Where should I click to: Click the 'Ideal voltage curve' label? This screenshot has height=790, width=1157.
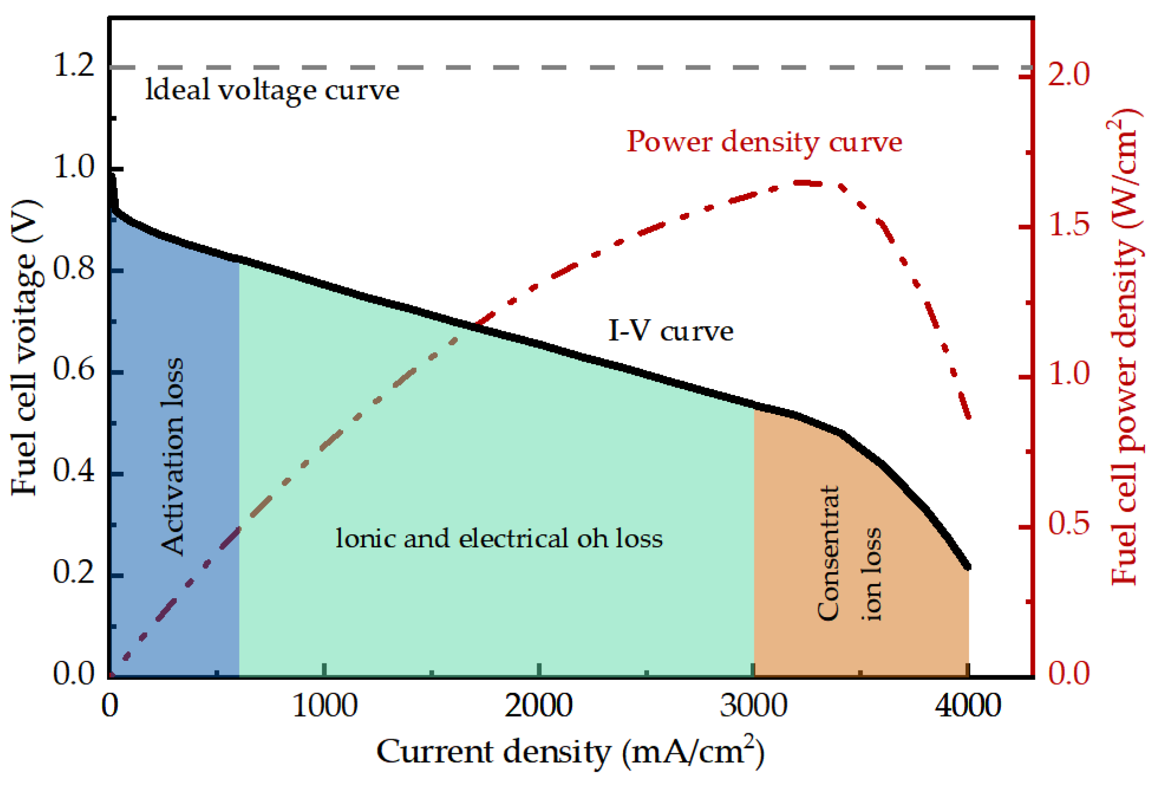(x=272, y=90)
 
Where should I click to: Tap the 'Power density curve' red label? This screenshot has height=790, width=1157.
(x=764, y=142)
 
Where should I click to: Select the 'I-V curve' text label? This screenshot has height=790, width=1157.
(x=671, y=331)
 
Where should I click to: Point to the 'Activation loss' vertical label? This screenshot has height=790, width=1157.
(x=173, y=457)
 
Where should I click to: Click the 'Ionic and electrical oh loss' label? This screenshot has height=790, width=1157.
(x=499, y=538)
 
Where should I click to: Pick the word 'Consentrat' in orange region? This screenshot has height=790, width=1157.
(x=828, y=553)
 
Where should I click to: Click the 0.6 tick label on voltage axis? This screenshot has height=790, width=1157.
(x=74, y=371)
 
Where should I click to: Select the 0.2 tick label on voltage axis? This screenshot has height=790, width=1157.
(x=74, y=573)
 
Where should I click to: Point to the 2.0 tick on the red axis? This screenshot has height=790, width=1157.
(x=1069, y=75)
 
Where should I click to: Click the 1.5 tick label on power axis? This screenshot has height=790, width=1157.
(x=1069, y=225)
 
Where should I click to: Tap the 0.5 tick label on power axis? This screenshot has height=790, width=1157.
(x=1069, y=524)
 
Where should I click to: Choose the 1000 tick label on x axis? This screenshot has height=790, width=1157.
(x=325, y=706)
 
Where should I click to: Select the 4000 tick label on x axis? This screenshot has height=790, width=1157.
(x=968, y=706)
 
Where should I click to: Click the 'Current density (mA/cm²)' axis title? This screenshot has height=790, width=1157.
(x=570, y=752)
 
